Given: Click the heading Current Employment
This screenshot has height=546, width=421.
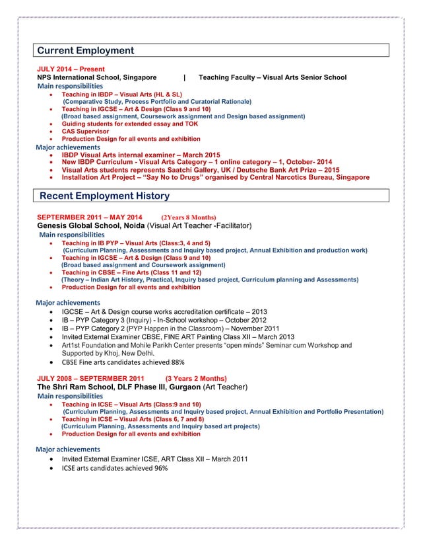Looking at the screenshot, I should pyautogui.click(x=85, y=51).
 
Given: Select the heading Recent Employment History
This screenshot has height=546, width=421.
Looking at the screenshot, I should pyautogui.click(x=104, y=196).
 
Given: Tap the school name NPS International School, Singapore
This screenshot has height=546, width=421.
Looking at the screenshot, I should pyautogui.click(x=97, y=77).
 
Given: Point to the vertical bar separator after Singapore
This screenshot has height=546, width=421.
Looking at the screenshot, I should pyautogui.click(x=184, y=77).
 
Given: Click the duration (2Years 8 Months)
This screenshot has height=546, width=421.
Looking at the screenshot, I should pyautogui.click(x=188, y=217).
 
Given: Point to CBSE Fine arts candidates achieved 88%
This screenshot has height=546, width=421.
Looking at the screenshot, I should pyautogui.click(x=123, y=362).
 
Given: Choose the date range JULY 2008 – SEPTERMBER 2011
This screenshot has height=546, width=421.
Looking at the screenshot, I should pyautogui.click(x=89, y=379).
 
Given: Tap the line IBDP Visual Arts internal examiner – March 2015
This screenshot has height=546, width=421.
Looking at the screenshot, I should pyautogui.click(x=141, y=154).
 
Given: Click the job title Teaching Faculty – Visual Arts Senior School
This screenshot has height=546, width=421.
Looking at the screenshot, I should pyautogui.click(x=272, y=77).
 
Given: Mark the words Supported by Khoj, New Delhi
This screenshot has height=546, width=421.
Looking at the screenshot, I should pyautogui.click(x=107, y=353).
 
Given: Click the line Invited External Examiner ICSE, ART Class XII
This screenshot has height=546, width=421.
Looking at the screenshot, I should pyautogui.click(x=154, y=459).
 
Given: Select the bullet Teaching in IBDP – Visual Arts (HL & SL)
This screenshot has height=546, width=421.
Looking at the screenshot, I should pyautogui.click(x=121, y=95).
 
